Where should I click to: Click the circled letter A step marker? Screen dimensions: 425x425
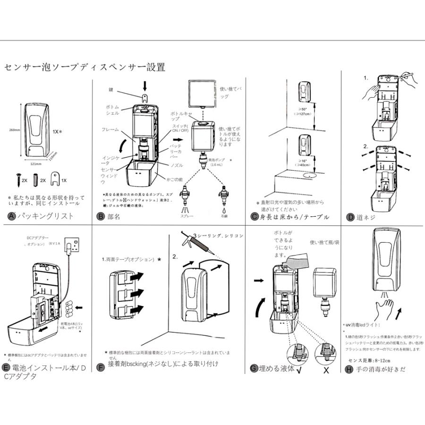pos(11,217)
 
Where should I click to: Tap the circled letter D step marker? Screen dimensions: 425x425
pos(350,217)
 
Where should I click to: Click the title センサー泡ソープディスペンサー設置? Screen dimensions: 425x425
pos(85,68)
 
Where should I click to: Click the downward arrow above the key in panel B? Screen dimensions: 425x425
pos(145,85)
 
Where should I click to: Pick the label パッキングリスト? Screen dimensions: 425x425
pos(45,217)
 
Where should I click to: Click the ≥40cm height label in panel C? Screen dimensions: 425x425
pos(302,163)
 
